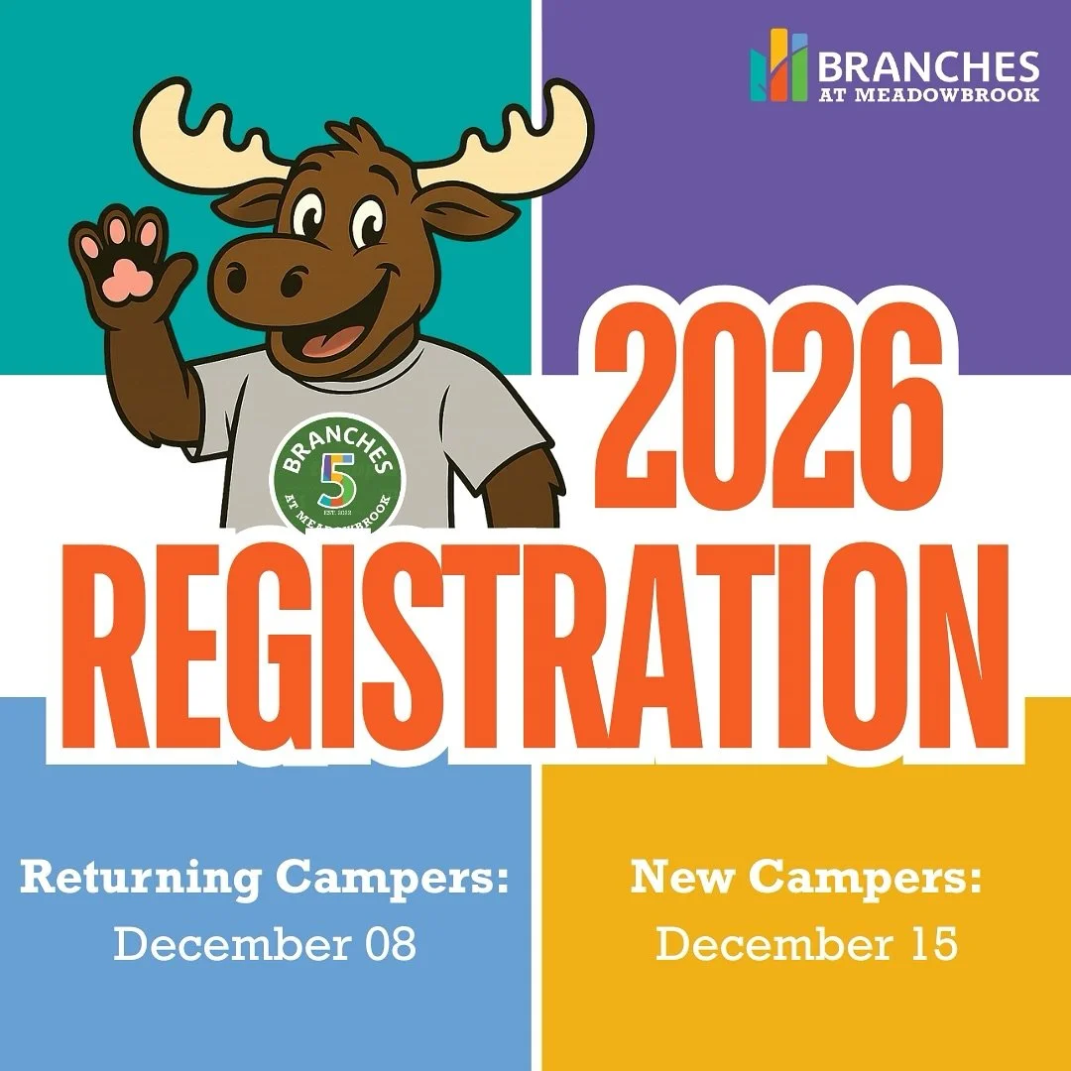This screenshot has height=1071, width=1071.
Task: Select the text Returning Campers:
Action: tap(265, 878)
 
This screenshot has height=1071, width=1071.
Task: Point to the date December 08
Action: tap(265, 944)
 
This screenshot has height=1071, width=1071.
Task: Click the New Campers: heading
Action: tap(806, 878)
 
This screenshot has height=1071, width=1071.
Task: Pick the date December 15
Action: tap(806, 944)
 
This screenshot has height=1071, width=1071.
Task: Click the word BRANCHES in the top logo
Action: tap(928, 66)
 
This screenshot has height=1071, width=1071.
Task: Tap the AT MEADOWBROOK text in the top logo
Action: tap(928, 95)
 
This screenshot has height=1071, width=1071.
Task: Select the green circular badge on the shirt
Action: tap(337, 472)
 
